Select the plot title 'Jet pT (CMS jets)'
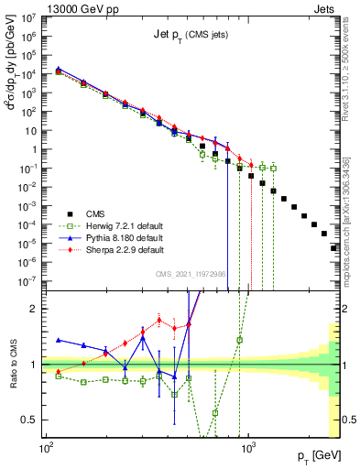pos(191,35)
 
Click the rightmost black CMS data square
pos(334,247)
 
